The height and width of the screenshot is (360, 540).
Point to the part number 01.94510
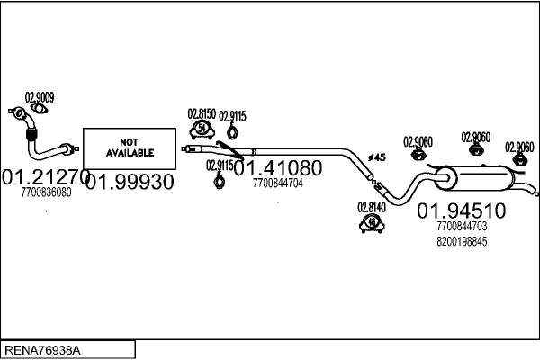point(462,211)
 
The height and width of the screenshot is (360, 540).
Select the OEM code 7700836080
point(45,193)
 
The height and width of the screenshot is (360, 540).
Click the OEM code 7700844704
point(277,184)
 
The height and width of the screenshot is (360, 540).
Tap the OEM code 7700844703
point(462,227)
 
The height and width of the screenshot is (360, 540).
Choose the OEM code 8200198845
point(462,242)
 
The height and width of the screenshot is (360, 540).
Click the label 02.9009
point(39,97)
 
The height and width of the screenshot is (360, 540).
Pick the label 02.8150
point(201,113)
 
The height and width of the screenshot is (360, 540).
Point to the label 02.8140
point(371,206)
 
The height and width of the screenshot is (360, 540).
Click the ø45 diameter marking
point(377,157)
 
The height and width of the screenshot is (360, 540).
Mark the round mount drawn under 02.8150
point(202,129)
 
